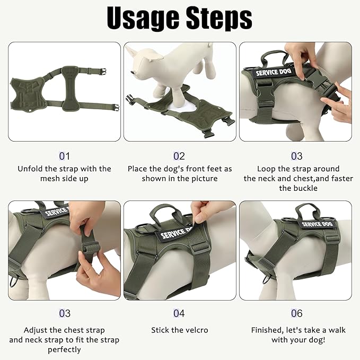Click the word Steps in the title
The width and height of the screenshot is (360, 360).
point(217,19)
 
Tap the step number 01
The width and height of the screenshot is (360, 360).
point(64,156)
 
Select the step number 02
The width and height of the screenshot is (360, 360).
point(179,156)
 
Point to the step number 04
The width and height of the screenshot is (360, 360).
point(179,314)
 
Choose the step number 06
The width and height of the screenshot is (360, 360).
point(297,314)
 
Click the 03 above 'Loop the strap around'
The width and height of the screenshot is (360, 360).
point(297,156)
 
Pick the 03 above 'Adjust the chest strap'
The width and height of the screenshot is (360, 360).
point(64,314)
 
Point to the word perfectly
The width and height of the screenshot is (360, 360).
point(64,350)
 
